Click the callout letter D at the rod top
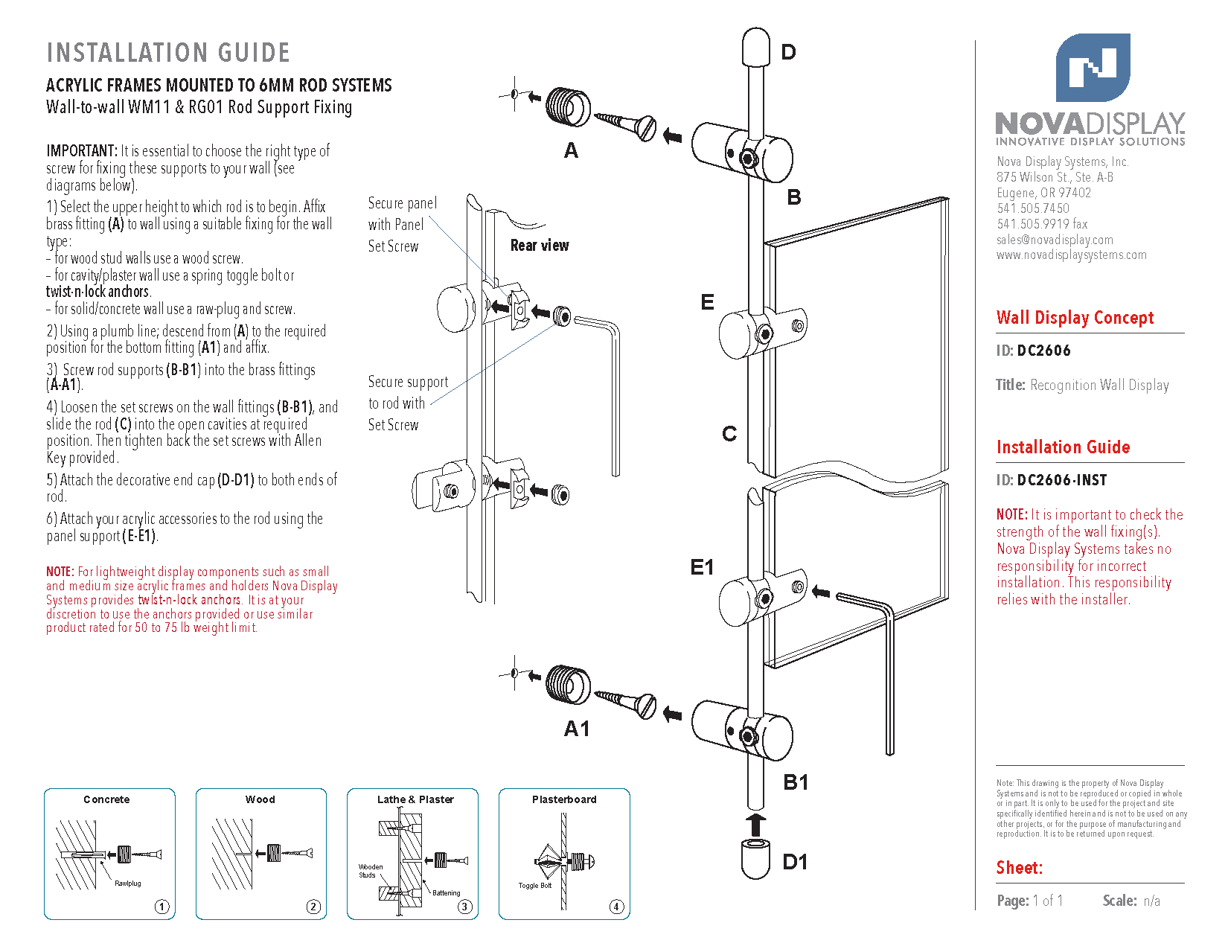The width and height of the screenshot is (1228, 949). tap(788, 52)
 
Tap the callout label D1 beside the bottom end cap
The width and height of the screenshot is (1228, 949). tap(795, 862)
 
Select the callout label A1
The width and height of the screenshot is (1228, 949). tap(577, 729)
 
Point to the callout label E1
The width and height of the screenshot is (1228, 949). tap(702, 567)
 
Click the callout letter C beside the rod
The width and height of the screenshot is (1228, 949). tap(729, 434)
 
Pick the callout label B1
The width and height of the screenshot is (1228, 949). tap(796, 782)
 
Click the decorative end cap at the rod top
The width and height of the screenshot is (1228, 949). tap(755, 47)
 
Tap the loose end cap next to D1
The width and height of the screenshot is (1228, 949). tap(755, 858)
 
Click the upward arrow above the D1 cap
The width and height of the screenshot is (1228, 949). tap(755, 824)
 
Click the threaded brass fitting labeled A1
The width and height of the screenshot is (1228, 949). tap(568, 684)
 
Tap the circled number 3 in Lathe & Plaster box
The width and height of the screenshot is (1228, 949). tap(464, 907)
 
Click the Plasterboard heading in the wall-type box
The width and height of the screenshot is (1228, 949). tap(564, 799)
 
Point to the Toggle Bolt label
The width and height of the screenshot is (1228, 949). tap(535, 886)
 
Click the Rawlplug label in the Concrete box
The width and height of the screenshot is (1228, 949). tap(128, 884)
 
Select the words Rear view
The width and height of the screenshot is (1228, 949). tap(540, 246)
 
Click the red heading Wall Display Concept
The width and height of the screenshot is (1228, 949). tap(1075, 318)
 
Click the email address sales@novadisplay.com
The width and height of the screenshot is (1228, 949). tap(1055, 240)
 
